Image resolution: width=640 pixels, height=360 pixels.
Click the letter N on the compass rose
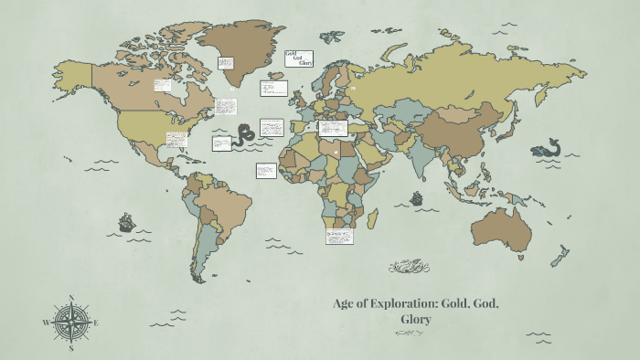coord(70,296)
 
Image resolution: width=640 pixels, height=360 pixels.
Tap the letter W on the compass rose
coord(45,323)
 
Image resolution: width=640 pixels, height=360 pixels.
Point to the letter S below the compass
coord(70,348)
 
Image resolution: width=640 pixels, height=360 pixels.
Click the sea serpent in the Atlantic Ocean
coord(244,135)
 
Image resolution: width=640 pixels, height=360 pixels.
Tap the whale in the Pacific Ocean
coord(547,149)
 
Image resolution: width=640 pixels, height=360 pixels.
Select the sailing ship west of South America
coord(126,222)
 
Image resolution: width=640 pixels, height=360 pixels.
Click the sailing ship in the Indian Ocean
coord(416,197)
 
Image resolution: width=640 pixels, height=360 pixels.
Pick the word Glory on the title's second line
coord(416,320)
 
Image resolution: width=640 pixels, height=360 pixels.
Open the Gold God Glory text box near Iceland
coord(300,59)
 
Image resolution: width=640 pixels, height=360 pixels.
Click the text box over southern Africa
coord(339,235)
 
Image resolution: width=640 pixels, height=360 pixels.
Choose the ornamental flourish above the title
coord(409,267)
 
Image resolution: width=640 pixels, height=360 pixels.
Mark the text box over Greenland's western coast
coord(226,63)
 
